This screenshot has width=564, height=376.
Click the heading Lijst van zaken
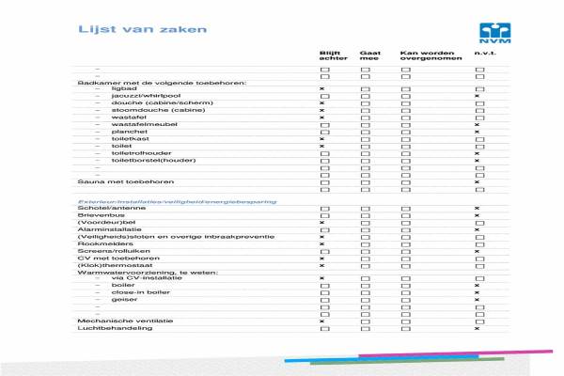130,30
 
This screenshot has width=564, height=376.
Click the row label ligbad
123,88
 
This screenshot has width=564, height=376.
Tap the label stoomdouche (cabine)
145,110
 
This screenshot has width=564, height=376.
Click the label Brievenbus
98,215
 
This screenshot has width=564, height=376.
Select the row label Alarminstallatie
105,229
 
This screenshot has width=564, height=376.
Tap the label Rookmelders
100,243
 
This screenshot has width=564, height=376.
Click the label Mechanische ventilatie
114,321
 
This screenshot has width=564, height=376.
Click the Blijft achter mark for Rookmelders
322,243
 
